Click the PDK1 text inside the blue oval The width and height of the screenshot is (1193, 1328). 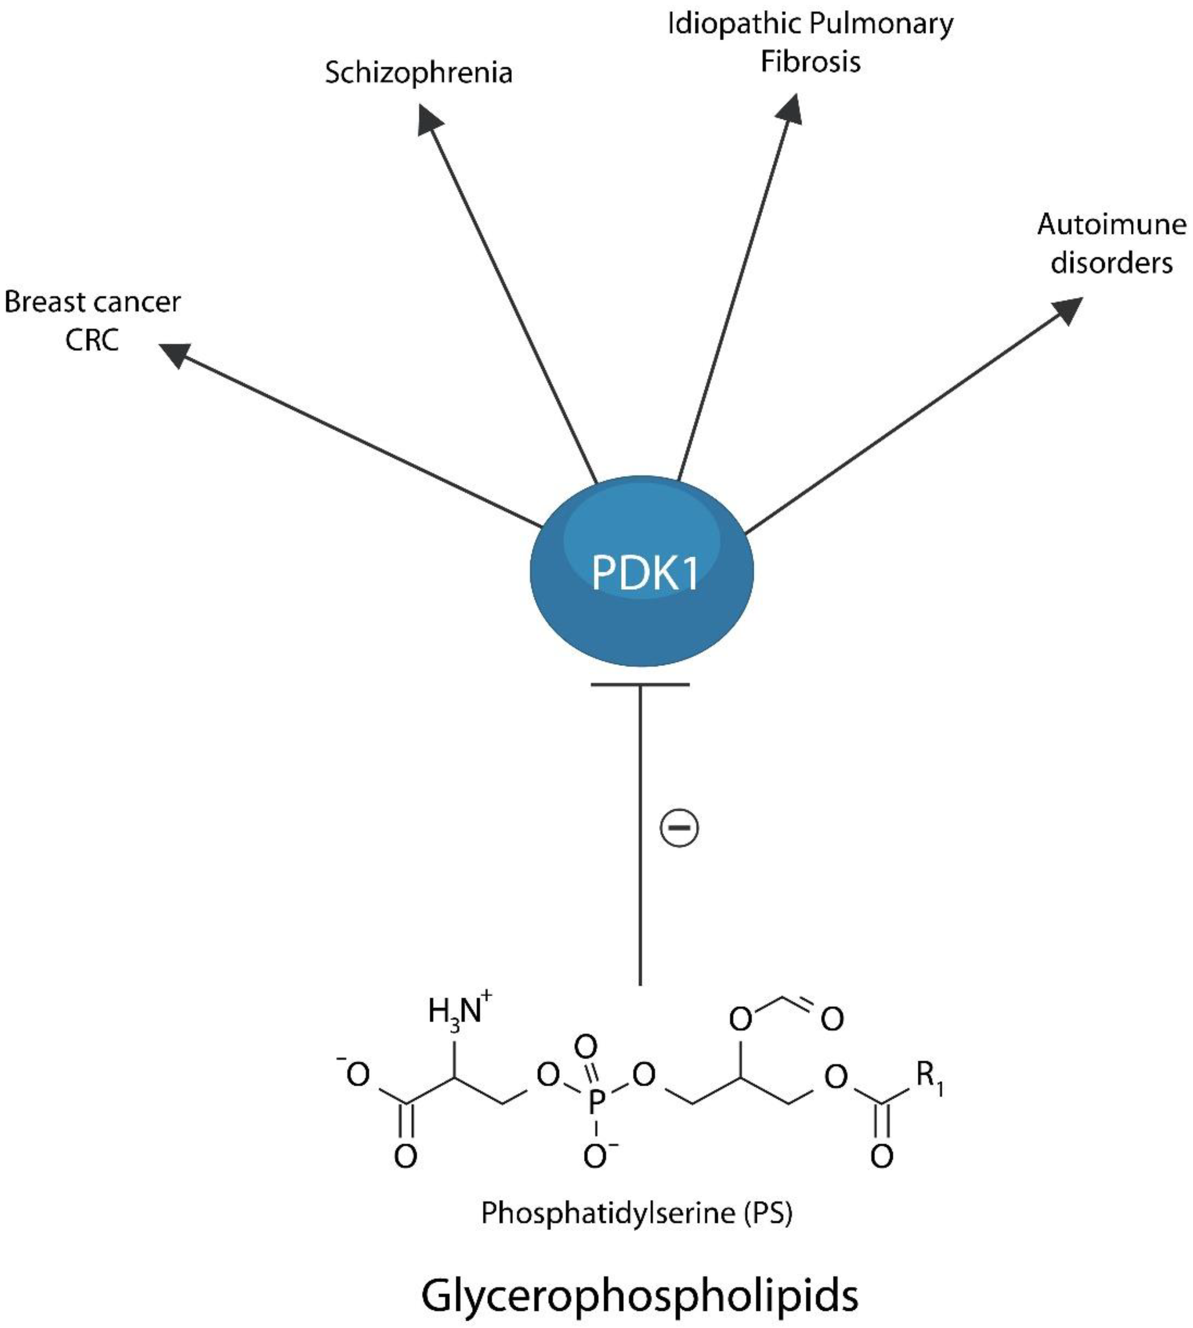click(x=644, y=573)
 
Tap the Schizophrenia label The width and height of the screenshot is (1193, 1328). click(x=418, y=73)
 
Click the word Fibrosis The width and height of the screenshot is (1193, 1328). click(x=810, y=62)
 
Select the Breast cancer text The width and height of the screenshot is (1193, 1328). click(x=92, y=303)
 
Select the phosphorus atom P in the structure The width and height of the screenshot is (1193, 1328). click(x=595, y=1102)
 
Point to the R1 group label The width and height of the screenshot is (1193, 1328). click(x=929, y=1075)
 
